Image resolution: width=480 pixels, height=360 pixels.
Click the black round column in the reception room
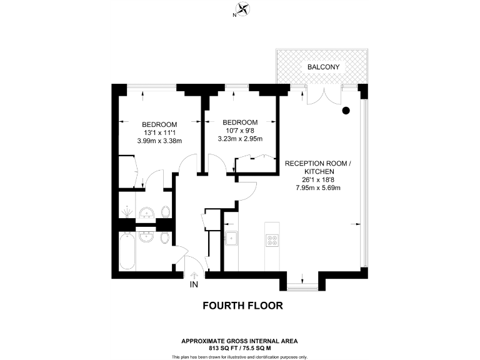[346, 111]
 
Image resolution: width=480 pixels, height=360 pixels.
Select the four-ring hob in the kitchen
[273, 239]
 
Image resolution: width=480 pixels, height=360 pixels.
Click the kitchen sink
[231, 238]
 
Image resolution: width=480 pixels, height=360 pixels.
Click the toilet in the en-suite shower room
[165, 210]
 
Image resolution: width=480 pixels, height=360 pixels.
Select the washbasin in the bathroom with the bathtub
[147, 237]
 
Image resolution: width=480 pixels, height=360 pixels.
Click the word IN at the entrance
[194, 285]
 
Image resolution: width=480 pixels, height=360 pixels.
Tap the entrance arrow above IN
[194, 274]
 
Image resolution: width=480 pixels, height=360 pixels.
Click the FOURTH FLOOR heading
[243, 306]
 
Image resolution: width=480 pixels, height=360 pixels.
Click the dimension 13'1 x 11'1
[159, 132]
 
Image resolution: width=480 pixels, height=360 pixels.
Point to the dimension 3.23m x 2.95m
[240, 139]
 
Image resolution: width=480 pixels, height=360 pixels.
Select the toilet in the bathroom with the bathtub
[164, 239]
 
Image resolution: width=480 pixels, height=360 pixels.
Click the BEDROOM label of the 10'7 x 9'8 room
[240, 122]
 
